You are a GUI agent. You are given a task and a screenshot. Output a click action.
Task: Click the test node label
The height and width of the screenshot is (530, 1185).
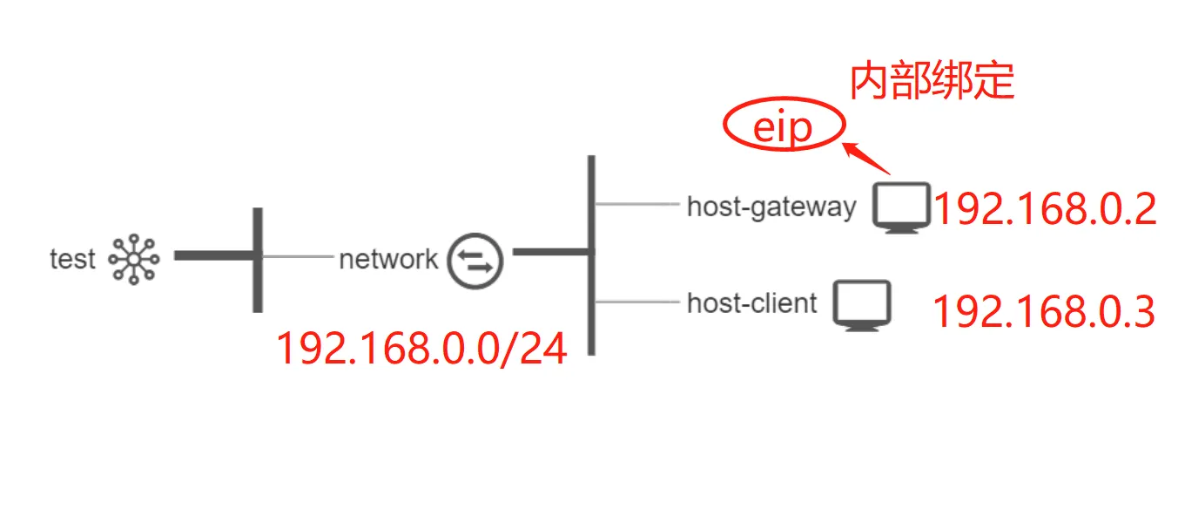[72, 259]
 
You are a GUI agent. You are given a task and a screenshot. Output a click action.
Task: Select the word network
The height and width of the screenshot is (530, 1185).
[388, 259]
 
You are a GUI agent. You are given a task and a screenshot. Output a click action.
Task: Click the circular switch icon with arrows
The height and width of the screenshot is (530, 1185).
[475, 259]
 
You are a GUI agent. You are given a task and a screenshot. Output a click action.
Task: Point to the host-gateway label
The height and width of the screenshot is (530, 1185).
[771, 207]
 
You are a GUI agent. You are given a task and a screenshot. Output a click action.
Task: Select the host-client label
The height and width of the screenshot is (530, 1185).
[752, 303]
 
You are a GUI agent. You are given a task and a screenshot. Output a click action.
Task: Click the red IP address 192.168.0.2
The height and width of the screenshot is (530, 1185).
[1045, 210]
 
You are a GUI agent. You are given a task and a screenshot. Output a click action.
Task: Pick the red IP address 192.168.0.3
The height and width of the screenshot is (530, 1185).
[1043, 312]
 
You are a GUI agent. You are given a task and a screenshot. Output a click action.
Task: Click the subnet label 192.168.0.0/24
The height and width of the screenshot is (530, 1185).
[421, 349]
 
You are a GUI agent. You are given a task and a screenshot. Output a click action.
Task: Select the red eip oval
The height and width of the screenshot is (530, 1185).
[784, 129]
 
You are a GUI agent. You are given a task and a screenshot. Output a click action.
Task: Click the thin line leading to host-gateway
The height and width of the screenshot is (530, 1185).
[636, 206]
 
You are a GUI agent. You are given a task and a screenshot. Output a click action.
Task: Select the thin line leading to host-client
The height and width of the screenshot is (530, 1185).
[636, 302]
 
